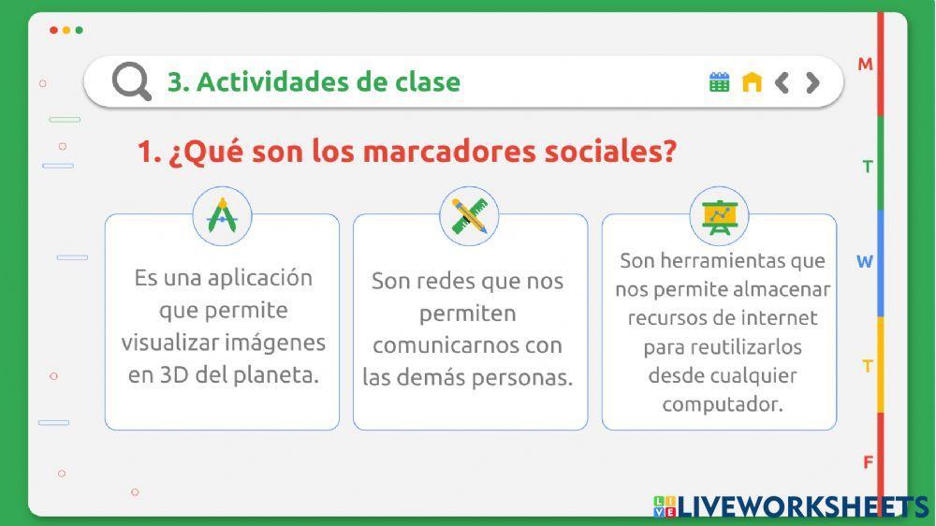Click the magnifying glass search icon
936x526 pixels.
point(131,81)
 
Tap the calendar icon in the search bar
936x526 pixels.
point(719,82)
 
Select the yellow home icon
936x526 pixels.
point(752,82)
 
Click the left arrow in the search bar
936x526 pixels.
point(782,82)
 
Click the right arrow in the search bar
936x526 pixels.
point(812,82)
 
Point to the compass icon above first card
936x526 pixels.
point(222,216)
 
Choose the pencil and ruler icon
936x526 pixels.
point(469,216)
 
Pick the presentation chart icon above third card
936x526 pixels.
point(719,216)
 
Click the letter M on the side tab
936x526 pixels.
point(865,65)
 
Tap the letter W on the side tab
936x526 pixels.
point(865,262)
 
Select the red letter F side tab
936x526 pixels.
point(868,462)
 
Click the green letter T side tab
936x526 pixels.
point(868,168)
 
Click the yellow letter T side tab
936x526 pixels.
point(868,366)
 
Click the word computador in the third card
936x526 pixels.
point(722,404)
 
